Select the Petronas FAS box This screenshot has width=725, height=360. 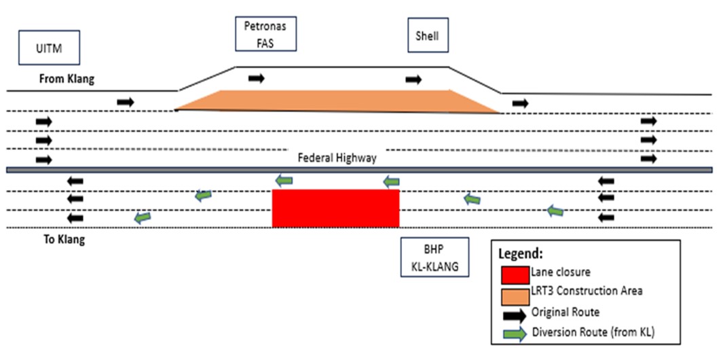click(x=266, y=35)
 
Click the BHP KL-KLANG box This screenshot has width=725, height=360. click(x=434, y=256)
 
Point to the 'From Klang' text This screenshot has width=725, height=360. click(x=67, y=79)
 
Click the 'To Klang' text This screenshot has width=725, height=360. click(x=61, y=239)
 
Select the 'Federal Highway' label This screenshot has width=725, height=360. click(x=337, y=158)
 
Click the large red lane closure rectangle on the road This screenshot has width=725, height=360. click(x=335, y=209)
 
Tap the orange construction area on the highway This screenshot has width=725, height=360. click(x=337, y=101)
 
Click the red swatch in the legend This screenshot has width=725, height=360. click(x=515, y=274)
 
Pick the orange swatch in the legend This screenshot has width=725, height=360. click(x=515, y=295)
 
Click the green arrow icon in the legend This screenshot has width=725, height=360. click(x=515, y=334)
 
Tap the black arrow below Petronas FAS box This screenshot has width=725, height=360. click(x=257, y=79)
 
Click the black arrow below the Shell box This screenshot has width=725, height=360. click(x=413, y=80)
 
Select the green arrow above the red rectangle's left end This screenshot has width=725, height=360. click(x=284, y=181)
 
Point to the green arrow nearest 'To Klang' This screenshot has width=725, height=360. click(x=143, y=217)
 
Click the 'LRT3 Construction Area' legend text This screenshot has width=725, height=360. click(x=587, y=291)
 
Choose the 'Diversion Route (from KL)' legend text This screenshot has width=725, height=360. click(x=593, y=333)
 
